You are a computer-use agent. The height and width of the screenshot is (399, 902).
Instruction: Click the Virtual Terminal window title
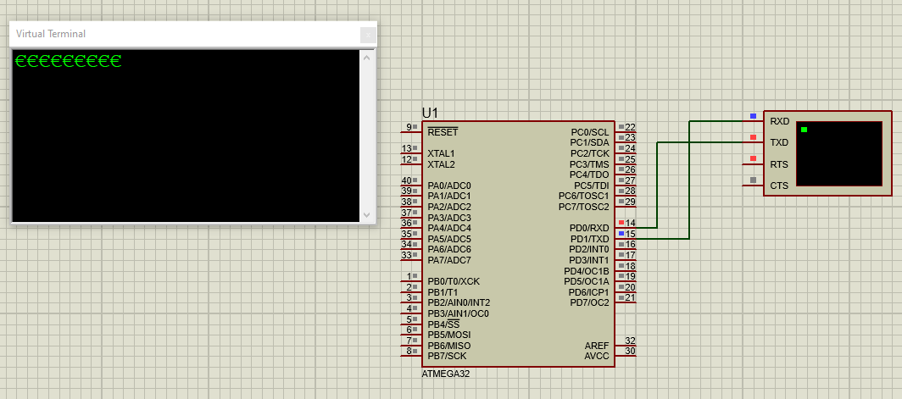(x=51, y=34)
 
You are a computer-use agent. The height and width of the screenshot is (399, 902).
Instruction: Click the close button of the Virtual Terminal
(x=368, y=36)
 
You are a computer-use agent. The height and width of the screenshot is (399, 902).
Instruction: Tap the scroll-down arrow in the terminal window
(x=367, y=215)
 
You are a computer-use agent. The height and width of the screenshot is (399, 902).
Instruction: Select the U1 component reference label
(x=430, y=113)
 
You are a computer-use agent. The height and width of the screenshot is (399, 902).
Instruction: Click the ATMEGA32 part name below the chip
(x=445, y=374)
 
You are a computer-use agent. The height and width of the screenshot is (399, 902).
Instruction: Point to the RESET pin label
(x=443, y=132)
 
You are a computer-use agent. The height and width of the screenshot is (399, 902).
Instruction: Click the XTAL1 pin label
(x=441, y=153)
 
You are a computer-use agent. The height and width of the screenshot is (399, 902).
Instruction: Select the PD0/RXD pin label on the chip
(x=589, y=228)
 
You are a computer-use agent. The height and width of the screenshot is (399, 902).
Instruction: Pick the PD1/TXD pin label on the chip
(x=589, y=239)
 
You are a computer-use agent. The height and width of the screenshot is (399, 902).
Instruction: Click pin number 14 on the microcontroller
(x=631, y=223)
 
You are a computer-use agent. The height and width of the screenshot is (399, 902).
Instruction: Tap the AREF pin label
(x=597, y=346)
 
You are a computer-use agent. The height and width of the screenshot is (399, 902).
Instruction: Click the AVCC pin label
(x=597, y=357)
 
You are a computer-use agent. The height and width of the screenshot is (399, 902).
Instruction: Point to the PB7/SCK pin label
(x=447, y=356)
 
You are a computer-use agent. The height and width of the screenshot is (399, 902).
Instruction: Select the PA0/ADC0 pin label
(x=449, y=186)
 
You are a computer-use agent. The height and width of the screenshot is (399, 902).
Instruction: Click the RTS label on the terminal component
(x=779, y=164)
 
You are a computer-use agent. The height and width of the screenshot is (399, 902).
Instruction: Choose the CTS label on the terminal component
(x=779, y=186)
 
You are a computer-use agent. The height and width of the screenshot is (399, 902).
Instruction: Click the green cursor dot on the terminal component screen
(x=805, y=130)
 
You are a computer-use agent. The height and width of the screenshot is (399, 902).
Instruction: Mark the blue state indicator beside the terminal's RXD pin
(x=753, y=116)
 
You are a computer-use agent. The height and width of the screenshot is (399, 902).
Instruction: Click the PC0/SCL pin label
(x=590, y=132)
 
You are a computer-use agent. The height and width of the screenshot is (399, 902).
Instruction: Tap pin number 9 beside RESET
(x=409, y=127)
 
